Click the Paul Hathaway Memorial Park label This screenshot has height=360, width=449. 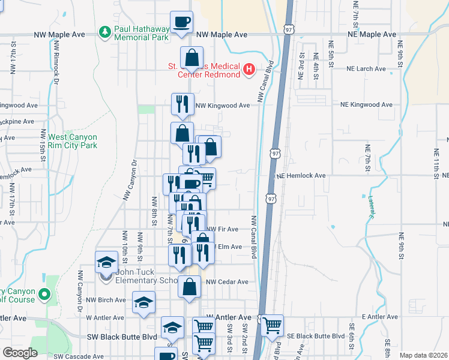(142, 34)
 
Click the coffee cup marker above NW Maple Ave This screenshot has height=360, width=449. (182, 23)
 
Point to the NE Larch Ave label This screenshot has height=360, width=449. (363, 69)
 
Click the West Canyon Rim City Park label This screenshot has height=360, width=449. (73, 141)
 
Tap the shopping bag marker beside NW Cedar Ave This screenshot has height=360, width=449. (189, 287)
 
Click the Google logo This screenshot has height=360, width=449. (20, 353)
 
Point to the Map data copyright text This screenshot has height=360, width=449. (423, 356)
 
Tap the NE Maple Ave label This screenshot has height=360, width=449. (372, 35)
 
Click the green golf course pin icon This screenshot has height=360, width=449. (43, 295)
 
